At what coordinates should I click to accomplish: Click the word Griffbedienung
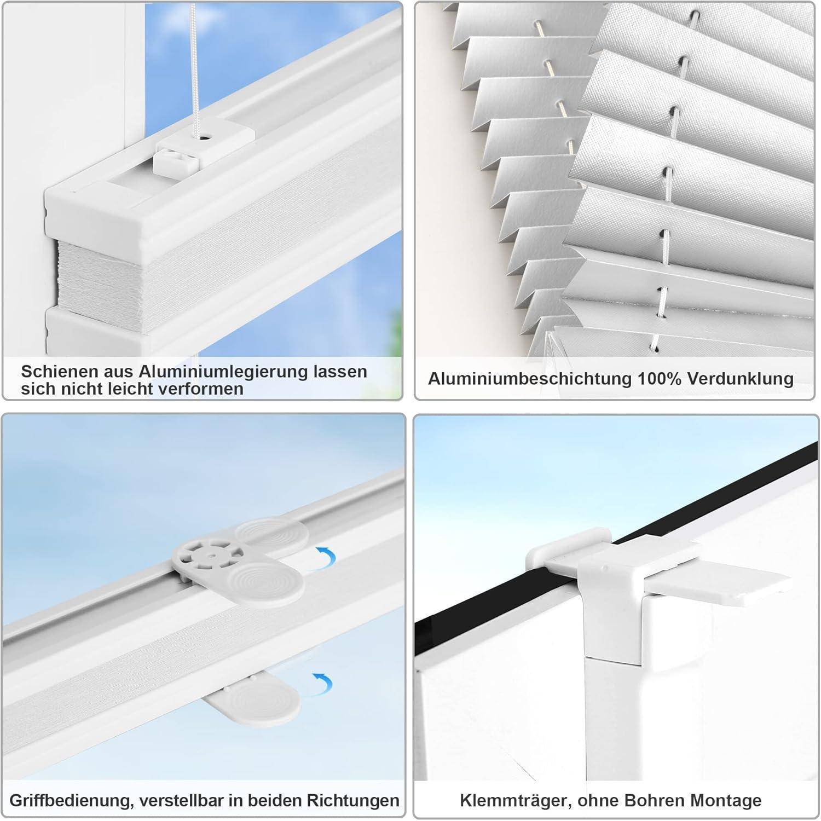[70, 800]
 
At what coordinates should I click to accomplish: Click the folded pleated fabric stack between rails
[109, 279]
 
